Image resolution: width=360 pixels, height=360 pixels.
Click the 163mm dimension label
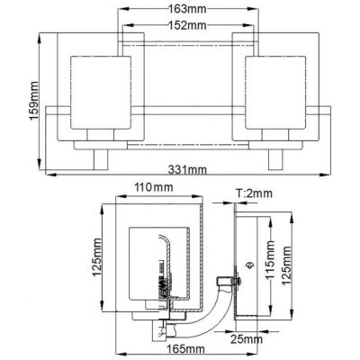point(187,9)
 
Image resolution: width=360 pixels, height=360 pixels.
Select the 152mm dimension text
point(187,25)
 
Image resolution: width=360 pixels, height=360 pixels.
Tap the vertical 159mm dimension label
point(34,101)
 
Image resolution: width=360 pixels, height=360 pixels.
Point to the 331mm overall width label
point(187,170)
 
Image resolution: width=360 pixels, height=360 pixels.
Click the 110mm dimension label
point(154,187)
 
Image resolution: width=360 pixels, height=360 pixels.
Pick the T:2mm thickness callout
point(254,193)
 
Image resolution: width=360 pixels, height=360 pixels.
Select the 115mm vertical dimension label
point(270,260)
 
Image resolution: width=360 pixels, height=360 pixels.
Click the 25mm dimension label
point(247,339)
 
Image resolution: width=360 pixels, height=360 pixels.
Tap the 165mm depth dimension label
point(186,349)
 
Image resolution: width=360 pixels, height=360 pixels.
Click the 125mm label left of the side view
point(97,257)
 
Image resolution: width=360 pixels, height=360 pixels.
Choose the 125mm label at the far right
point(287,265)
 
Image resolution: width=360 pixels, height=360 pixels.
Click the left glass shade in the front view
point(101,93)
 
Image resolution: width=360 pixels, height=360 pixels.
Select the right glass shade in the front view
point(275,93)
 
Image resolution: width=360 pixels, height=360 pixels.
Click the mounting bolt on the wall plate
point(236,281)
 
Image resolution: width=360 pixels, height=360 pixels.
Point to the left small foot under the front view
point(101,160)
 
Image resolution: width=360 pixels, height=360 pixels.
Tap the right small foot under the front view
point(275,160)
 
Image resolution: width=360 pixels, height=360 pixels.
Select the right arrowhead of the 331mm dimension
point(326,175)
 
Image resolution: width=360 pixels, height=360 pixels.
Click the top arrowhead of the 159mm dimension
point(40,39)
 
